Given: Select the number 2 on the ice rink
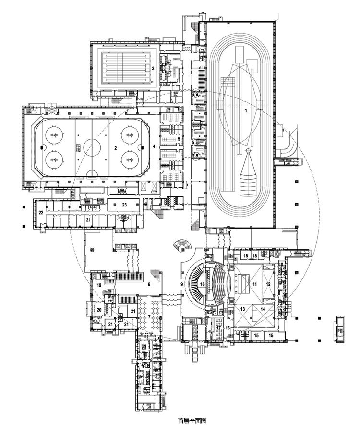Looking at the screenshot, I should point(115,148).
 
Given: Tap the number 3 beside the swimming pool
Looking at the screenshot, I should point(153,68).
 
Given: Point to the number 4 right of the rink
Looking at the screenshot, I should point(154,146).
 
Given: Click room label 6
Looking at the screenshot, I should point(149,284).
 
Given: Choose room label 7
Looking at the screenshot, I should point(149,316).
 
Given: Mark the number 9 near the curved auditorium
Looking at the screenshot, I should point(182,284).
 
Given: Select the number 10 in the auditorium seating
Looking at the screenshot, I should point(203,284).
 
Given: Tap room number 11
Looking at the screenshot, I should point(255,284).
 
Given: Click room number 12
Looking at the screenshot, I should point(268,284).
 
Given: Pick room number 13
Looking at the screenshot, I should point(243,310).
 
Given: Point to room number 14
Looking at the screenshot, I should point(263,310).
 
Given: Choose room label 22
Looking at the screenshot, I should point(41,212).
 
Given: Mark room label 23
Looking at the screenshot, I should point(124,205).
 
